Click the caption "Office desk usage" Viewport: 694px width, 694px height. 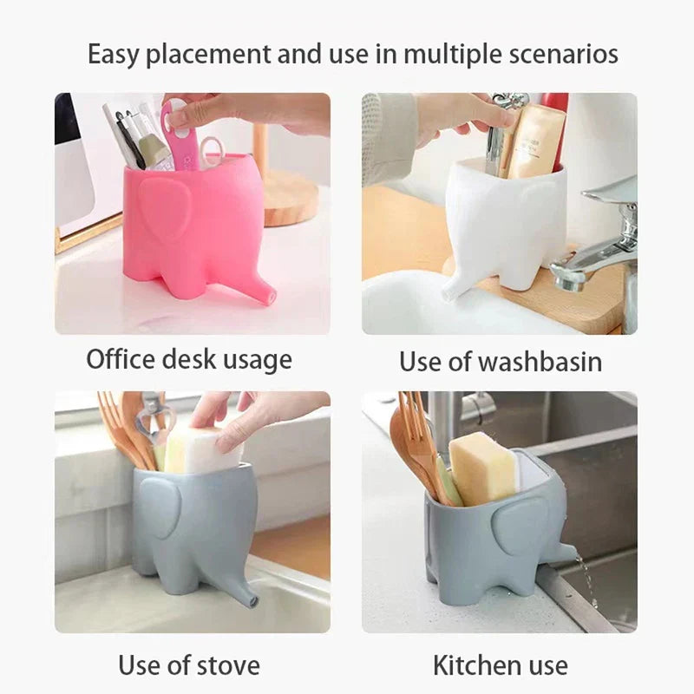(189, 359)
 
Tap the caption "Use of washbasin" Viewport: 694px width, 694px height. (501, 361)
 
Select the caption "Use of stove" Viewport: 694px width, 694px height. (189, 665)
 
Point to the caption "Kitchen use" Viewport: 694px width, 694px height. (501, 665)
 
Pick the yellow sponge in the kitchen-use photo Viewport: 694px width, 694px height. (481, 468)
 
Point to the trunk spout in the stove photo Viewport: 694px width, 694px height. (249, 597)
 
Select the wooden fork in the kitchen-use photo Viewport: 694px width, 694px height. (414, 442)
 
